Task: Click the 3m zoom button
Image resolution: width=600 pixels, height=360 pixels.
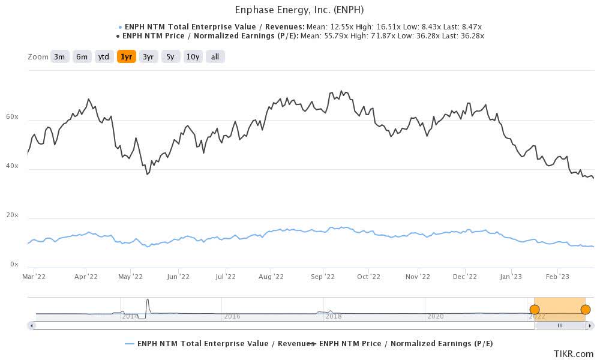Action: click(x=59, y=57)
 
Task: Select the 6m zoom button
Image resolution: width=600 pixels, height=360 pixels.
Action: click(x=82, y=57)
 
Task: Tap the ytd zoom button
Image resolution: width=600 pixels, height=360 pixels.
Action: click(x=104, y=57)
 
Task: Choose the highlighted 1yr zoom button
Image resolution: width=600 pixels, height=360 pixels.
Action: click(x=126, y=57)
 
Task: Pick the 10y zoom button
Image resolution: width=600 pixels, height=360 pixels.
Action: click(x=193, y=57)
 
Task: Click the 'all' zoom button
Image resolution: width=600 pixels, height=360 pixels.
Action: click(x=215, y=57)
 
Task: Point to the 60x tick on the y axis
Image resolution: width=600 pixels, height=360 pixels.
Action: click(x=13, y=117)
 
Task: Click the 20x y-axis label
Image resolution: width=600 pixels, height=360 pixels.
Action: click(x=13, y=215)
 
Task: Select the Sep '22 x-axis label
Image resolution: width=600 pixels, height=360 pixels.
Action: click(x=323, y=277)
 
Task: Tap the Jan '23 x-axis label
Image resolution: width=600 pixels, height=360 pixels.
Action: click(x=511, y=277)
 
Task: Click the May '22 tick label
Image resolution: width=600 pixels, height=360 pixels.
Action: click(x=130, y=277)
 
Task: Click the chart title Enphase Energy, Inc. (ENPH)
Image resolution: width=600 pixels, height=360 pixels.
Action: click(x=299, y=10)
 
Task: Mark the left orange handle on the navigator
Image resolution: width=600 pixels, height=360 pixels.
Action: click(x=534, y=310)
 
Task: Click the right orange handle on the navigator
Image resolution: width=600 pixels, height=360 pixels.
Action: click(x=586, y=310)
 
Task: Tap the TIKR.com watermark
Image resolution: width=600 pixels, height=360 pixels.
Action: click(x=573, y=353)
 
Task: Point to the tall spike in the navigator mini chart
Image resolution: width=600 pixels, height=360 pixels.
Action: click(x=147, y=302)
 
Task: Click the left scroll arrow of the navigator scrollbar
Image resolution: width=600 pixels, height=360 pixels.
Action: click(x=31, y=325)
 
